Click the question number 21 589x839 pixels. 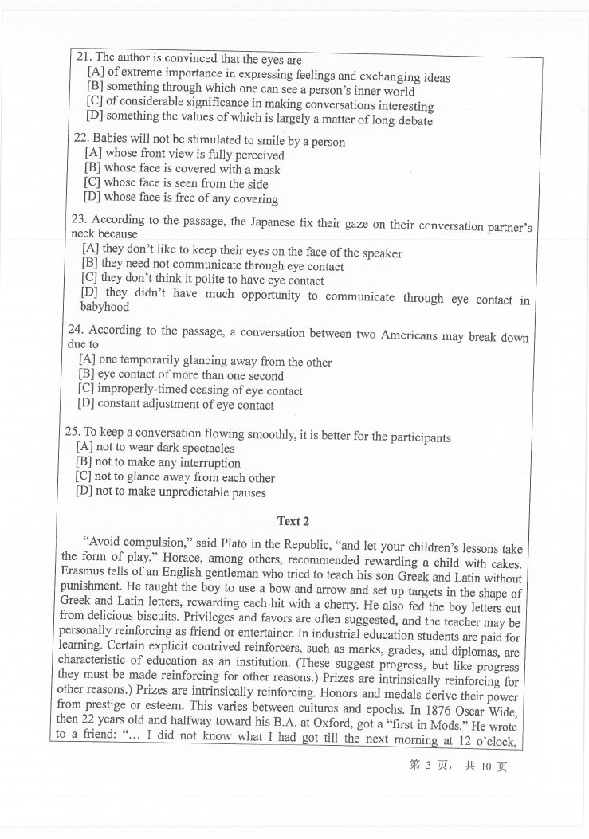point(83,57)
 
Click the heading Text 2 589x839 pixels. point(293,521)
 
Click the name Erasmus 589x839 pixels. point(83,572)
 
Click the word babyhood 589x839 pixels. point(104,307)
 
